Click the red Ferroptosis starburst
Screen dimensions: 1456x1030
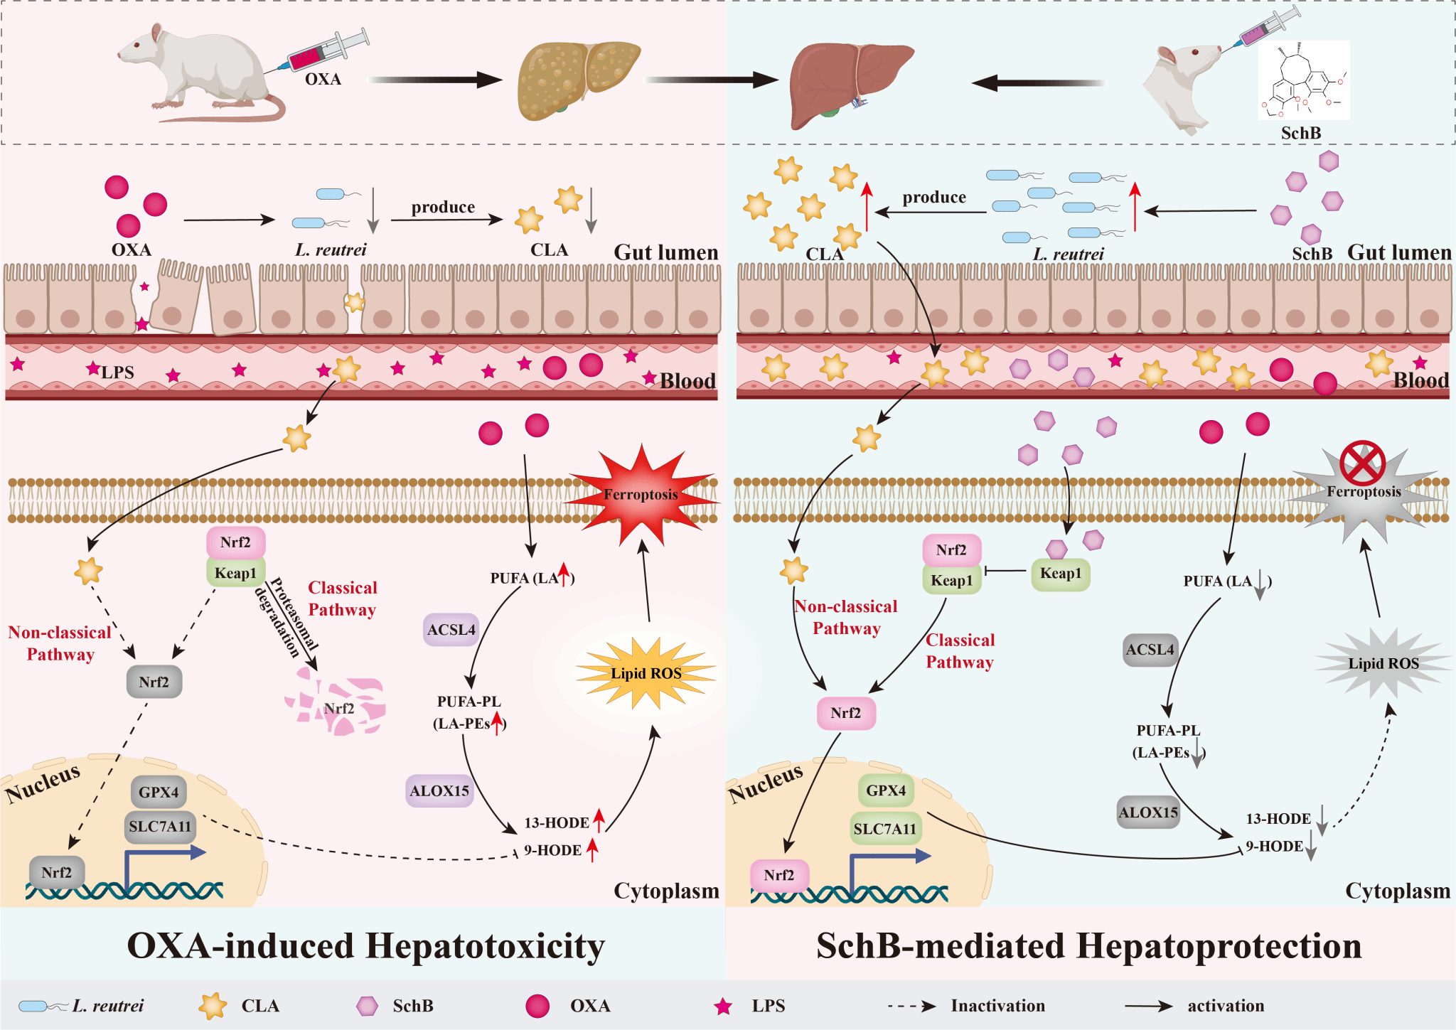point(641,495)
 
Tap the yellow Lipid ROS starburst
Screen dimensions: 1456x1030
point(646,673)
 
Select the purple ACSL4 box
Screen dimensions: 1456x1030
point(451,630)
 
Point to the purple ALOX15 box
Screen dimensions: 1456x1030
point(439,790)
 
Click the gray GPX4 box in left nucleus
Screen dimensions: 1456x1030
point(159,792)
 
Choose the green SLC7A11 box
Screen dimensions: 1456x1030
point(885,829)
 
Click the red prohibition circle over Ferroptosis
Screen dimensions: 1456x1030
point(1362,463)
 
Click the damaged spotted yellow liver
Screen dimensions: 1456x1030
point(577,78)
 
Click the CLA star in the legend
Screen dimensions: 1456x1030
point(213,1006)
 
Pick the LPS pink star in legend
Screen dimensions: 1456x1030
point(723,1006)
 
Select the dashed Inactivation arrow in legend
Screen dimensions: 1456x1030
point(911,1006)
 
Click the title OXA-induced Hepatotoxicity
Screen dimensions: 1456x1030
point(366,946)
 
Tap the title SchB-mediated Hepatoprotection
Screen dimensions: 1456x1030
point(1089,946)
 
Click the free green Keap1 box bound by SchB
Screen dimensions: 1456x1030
point(1060,574)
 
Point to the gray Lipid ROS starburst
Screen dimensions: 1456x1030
point(1383,663)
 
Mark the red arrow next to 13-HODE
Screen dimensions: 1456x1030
point(599,820)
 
